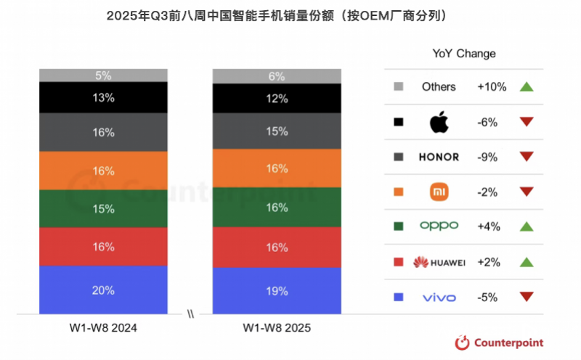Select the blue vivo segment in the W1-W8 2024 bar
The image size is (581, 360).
pos(103,290)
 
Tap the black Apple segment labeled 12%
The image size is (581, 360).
pos(276,98)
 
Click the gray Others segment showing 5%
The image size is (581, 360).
pos(103,75)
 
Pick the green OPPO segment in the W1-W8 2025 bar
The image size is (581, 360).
pos(276,207)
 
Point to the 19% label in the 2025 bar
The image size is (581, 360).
pos(276,291)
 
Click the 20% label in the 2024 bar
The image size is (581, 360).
pos(103,290)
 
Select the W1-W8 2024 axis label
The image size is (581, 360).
pos(103,328)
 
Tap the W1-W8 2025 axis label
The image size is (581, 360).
pos(276,328)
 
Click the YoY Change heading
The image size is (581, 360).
pos(464,54)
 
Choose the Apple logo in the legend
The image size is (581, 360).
pos(439,122)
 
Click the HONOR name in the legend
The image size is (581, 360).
pos(439,157)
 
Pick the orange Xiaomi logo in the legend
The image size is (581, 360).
pos(439,192)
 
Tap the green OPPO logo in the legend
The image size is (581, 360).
pos(439,226)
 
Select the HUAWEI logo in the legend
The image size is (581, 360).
pos(439,262)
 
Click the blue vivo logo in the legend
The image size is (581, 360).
pos(439,297)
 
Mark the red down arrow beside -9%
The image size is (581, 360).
pos(527,157)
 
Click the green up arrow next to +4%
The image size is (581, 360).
pos(527,226)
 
